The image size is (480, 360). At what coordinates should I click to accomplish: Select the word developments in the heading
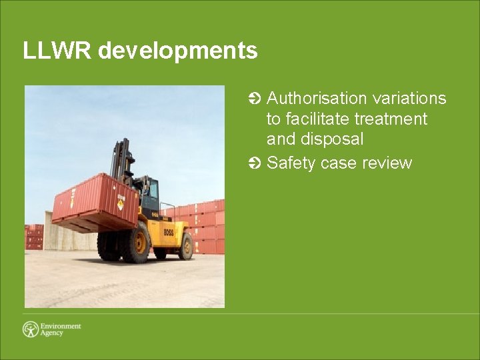coord(178,51)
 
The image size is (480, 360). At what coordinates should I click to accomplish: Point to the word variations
coord(409,99)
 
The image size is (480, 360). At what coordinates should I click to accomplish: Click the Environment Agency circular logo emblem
coord(31,329)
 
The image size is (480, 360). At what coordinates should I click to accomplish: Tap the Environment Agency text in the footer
coord(61,329)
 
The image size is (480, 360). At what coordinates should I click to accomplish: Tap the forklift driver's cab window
coord(151,193)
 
